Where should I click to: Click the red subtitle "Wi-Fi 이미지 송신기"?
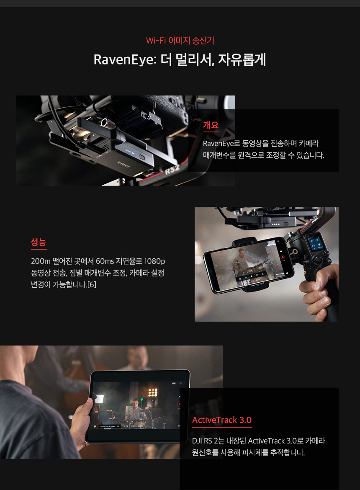(180, 40)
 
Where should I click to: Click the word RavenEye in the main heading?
(123, 59)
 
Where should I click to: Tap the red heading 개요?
(211, 125)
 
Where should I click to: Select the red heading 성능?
(39, 242)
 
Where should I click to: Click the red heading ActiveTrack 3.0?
(222, 420)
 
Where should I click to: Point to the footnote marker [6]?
(92, 284)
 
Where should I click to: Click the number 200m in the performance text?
(41, 261)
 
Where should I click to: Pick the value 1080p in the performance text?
(154, 261)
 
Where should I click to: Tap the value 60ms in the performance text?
(105, 261)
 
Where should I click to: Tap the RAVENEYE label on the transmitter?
(123, 164)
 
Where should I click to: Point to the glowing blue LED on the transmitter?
(133, 153)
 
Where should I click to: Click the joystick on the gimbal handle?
(318, 260)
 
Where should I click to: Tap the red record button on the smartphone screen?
(283, 257)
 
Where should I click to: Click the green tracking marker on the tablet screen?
(141, 400)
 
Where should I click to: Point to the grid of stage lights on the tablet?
(153, 392)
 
